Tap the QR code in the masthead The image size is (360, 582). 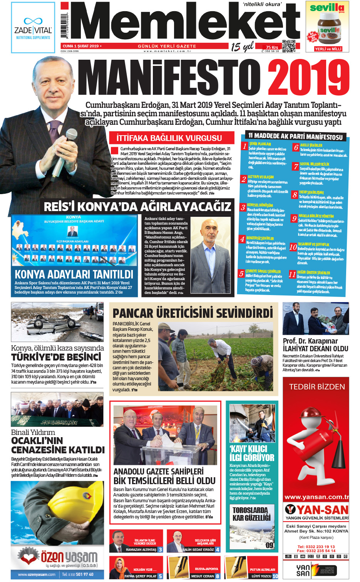coord(288,46)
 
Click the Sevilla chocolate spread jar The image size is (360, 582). coord(330,32)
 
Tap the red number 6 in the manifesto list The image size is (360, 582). coord(296,148)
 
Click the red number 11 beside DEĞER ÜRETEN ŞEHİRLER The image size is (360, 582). coord(292,275)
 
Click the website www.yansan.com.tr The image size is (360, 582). coord(316,497)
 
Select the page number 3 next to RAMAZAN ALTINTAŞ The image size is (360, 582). coord(160,550)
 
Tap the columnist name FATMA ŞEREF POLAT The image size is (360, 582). coord(141,576)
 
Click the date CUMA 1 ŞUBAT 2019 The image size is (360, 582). coord(80,46)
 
